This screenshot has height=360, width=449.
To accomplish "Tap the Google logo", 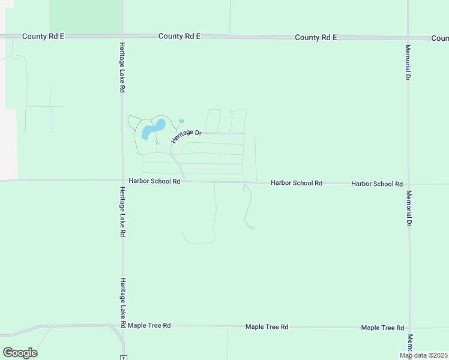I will [x=20, y=352].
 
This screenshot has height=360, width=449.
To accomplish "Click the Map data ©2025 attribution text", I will [x=423, y=355].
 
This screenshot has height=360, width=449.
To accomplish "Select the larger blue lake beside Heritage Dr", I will [x=152, y=129].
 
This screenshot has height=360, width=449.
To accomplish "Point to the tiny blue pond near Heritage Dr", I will [x=181, y=121].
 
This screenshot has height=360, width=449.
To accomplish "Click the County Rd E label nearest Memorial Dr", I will [x=316, y=37].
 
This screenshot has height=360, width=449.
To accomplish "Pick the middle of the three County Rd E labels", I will [x=179, y=36].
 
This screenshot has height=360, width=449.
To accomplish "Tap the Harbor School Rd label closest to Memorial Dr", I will [x=377, y=184].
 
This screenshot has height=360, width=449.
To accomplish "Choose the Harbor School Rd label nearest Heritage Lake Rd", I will [x=154, y=181].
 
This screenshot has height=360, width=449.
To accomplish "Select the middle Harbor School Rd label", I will [x=297, y=182].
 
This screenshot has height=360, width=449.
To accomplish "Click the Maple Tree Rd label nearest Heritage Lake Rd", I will [x=149, y=325].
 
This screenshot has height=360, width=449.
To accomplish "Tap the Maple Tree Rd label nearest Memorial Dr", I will [x=382, y=328].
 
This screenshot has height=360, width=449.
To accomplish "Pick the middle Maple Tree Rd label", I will [x=267, y=326].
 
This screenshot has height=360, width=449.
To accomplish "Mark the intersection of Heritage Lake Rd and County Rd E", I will [x=122, y=36].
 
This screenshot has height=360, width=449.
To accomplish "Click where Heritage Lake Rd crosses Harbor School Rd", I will [x=123, y=180].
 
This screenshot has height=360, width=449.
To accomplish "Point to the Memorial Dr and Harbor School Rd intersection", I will [x=409, y=184].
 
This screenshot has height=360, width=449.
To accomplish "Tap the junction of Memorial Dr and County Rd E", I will [x=408, y=38].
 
